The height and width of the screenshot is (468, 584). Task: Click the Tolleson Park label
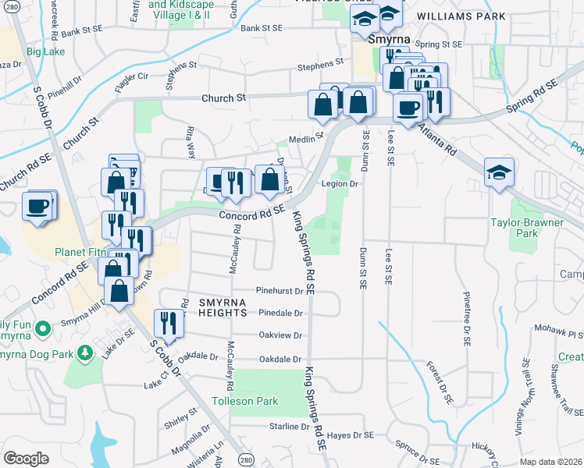tap(245, 402)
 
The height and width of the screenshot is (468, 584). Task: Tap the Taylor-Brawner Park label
tap(536, 227)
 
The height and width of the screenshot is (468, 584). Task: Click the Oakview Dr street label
tap(280, 335)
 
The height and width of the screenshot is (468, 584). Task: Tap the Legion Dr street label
tap(340, 185)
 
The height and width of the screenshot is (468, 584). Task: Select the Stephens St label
tap(319, 67)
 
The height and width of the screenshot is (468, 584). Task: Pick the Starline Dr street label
tap(289, 427)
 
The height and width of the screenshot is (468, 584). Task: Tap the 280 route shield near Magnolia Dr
tap(246, 459)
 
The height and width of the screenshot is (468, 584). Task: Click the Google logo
tap(26, 459)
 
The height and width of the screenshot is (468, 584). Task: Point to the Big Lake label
tap(45, 52)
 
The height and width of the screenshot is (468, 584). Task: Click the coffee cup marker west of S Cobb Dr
tap(37, 206)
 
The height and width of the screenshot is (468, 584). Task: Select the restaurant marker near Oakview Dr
tap(168, 321)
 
